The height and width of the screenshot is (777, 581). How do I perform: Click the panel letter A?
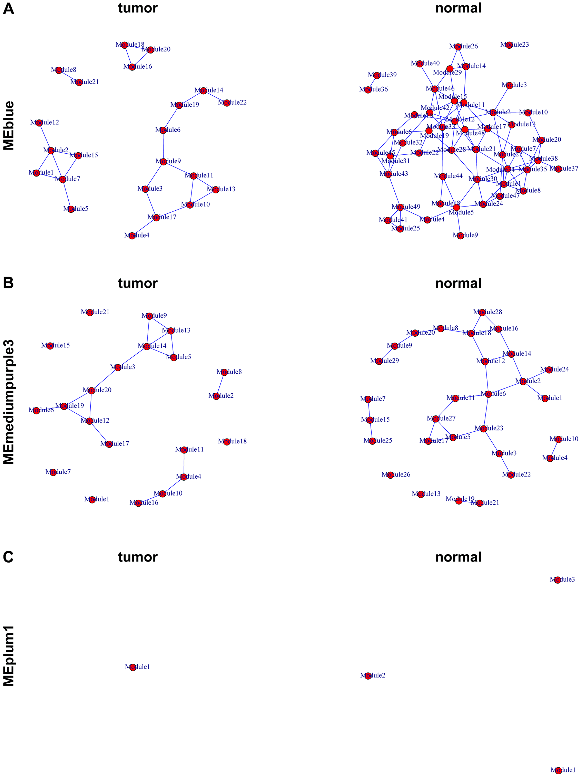point(8,8)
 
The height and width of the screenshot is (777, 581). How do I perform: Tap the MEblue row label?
point(9,125)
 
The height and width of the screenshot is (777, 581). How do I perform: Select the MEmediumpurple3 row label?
point(9,402)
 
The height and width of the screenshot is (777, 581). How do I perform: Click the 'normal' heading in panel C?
point(458,557)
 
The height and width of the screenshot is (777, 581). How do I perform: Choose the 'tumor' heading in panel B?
point(138,283)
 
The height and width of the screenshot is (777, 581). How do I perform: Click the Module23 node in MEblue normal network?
point(509,45)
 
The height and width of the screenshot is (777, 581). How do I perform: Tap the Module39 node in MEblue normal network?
point(376,75)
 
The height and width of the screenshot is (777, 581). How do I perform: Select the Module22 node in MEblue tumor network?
point(227,103)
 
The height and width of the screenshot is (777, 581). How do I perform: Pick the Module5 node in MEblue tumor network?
point(71,209)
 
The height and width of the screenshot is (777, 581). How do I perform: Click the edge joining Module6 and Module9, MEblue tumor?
point(163,146)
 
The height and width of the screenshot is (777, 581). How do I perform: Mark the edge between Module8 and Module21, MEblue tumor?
point(69,76)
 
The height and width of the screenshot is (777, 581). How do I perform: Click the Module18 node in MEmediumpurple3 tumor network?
point(227,442)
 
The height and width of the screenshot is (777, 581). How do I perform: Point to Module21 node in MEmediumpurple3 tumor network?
point(89,312)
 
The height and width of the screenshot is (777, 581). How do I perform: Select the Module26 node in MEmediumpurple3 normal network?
point(390,475)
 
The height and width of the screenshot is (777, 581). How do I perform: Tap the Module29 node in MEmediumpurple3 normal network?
point(379,361)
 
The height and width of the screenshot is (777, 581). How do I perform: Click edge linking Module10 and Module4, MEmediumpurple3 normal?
point(554,449)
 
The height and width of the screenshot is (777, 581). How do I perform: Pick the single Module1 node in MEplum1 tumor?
point(132,668)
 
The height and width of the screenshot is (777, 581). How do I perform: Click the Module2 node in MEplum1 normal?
point(368,676)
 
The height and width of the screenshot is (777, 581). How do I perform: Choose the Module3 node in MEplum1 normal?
point(558,580)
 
